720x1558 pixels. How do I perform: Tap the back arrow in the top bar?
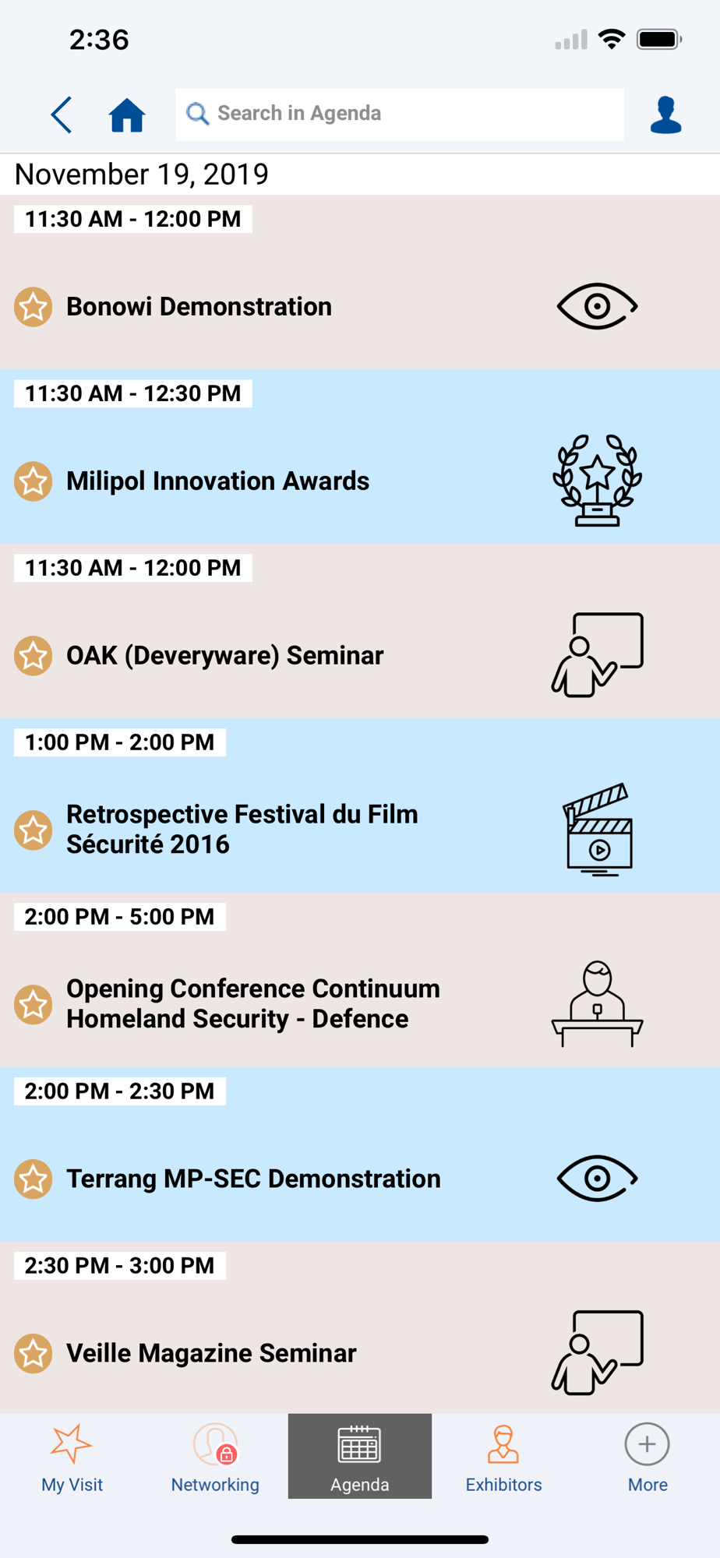61,115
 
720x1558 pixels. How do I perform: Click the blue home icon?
127,115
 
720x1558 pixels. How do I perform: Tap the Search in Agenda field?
400,114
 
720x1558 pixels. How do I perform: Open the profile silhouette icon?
665,115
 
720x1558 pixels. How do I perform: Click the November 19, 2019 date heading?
142,174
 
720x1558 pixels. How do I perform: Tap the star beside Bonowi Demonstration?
34,307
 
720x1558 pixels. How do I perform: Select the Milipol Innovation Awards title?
218,481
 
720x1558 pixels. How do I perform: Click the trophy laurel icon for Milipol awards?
598,481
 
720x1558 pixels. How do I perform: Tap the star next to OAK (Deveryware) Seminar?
34,656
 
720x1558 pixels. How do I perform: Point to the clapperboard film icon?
598,830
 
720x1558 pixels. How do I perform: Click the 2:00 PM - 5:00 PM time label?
120,917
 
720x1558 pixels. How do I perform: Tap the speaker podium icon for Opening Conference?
598,1004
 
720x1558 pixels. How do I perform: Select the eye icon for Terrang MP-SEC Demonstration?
598,1179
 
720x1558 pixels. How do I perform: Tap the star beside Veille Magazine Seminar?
34,1354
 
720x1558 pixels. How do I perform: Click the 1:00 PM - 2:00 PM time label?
120,742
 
